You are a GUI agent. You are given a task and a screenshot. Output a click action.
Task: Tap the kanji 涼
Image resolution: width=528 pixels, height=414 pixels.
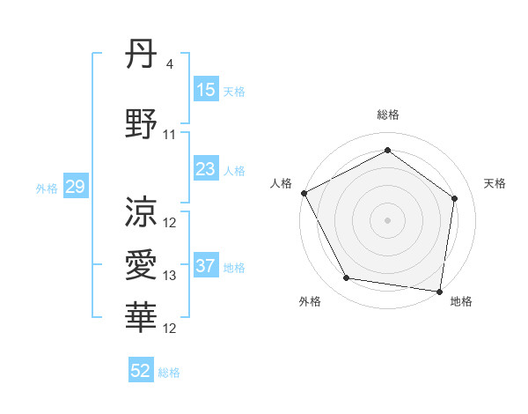(x=142, y=211)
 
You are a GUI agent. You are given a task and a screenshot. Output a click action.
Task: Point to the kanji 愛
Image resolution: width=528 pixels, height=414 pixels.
(x=142, y=264)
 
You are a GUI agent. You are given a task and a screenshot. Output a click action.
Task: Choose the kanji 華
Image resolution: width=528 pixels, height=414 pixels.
(x=142, y=316)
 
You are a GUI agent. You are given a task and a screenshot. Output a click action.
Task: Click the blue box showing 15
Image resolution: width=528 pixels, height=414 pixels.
(x=206, y=90)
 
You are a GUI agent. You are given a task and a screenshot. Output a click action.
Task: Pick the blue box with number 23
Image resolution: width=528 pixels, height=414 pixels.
(x=206, y=169)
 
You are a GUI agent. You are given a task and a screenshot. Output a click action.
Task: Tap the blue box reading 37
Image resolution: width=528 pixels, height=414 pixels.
(x=206, y=267)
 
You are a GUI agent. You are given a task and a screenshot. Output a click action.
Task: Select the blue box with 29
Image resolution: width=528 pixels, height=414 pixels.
(x=75, y=187)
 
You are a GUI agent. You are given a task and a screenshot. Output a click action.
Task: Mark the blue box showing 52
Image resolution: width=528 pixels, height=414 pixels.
(x=141, y=371)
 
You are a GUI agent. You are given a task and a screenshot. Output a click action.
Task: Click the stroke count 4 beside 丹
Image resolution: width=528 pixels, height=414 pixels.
(x=169, y=64)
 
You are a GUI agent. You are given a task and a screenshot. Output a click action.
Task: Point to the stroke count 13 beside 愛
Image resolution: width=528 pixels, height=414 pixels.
(x=170, y=276)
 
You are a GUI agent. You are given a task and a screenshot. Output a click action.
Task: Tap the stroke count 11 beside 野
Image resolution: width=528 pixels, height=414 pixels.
(x=170, y=135)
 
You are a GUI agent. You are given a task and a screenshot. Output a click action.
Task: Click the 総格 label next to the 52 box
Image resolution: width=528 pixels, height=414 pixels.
(x=169, y=373)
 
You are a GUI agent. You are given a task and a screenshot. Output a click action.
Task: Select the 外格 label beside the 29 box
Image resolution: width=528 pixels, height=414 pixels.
(x=47, y=188)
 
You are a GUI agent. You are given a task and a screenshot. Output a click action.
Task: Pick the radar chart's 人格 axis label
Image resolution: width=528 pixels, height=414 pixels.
(x=282, y=183)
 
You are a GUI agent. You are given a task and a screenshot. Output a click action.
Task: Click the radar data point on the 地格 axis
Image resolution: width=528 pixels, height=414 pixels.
(x=440, y=291)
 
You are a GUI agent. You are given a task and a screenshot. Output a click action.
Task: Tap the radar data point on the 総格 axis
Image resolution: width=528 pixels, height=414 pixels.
(x=387, y=150)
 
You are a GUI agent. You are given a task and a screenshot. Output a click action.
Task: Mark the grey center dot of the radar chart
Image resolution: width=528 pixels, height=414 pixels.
(x=387, y=219)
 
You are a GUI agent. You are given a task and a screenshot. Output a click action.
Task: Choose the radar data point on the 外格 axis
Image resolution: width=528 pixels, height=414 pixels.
(x=347, y=278)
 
